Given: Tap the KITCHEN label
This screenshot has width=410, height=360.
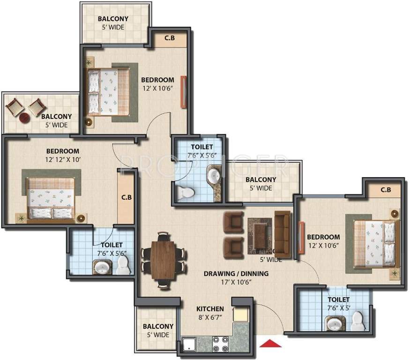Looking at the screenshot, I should (209, 309).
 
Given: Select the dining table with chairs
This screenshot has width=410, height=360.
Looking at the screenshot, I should (163, 259).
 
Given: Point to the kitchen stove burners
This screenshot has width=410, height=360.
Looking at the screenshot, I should (220, 345).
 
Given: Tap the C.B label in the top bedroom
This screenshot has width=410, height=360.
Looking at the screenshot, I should (169, 38).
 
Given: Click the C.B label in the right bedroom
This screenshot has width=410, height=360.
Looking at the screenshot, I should (386, 190).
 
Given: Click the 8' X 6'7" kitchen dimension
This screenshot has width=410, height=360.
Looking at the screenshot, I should (209, 318).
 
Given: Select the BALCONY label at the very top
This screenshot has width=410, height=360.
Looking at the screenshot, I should (113, 19).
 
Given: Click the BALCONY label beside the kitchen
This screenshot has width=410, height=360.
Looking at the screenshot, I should (158, 326).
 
